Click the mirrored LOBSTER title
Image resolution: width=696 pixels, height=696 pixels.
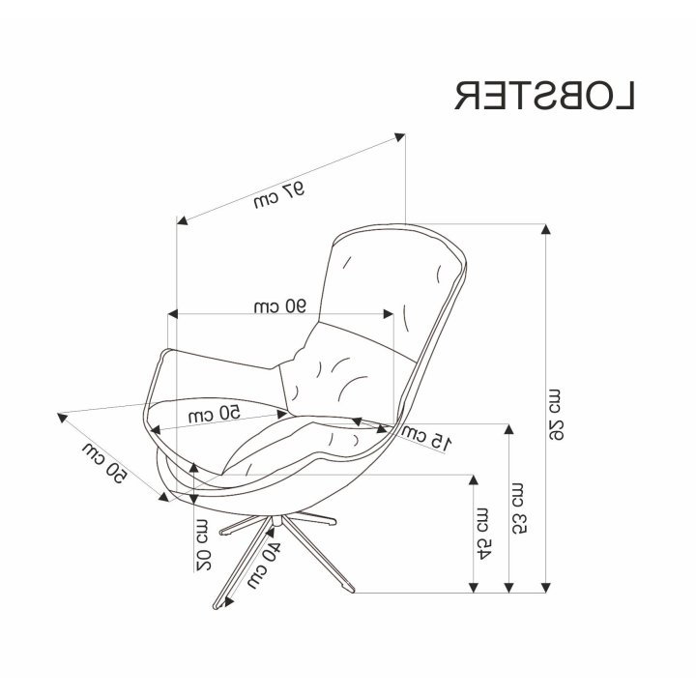[x=544, y=95]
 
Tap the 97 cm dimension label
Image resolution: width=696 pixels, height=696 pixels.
[x=279, y=195]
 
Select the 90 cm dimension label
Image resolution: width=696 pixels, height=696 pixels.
[x=280, y=306]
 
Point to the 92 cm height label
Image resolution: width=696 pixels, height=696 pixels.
[x=556, y=415]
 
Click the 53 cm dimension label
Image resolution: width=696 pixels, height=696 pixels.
[x=519, y=507]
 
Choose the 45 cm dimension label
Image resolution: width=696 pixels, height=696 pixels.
[x=483, y=533]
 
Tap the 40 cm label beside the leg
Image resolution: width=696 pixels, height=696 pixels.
[x=265, y=565]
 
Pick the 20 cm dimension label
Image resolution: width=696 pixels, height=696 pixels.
[x=204, y=544]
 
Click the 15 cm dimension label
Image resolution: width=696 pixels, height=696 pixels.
[x=426, y=437]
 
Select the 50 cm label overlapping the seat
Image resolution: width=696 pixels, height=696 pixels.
[x=215, y=414]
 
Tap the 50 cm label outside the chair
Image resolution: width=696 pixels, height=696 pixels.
[x=104, y=463]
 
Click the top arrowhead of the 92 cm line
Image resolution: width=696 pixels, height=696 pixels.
[x=546, y=229]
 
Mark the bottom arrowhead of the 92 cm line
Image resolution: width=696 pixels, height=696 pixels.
[x=546, y=588]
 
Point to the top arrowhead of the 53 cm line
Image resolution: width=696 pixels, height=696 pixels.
[x=509, y=429]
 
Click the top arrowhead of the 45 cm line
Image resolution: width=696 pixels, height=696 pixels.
[x=474, y=479]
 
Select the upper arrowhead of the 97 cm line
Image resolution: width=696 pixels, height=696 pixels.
[x=400, y=137]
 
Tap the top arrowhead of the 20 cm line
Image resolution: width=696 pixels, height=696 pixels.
[x=193, y=468]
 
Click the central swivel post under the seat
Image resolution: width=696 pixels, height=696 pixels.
[x=277, y=519]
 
